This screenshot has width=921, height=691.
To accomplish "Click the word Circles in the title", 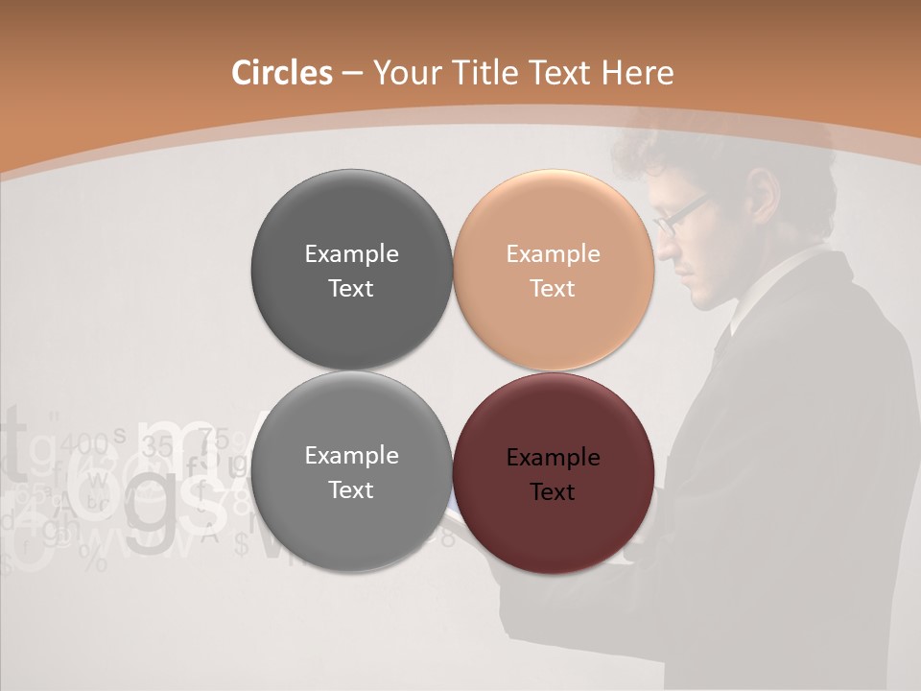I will tap(282, 73).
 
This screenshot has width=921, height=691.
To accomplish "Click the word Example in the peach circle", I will tap(553, 254).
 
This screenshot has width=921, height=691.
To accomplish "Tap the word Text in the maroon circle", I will tap(552, 492).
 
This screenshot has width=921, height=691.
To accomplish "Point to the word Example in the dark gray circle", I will tap(351, 254).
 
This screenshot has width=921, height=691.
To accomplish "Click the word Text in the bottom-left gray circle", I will tap(351, 490).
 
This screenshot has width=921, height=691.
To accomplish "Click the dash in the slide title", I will tap(352, 74).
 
